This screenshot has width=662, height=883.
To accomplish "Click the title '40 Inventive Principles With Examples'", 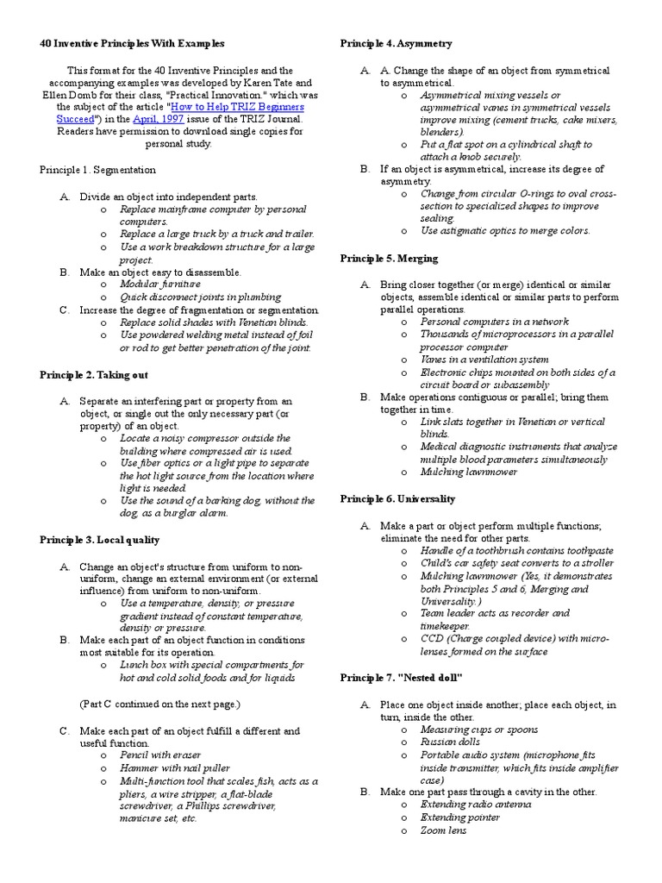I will pyautogui.click(x=132, y=43).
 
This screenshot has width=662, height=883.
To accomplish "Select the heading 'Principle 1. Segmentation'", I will pyautogui.click(x=97, y=171).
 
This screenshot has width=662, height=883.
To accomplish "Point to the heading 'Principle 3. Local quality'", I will pyautogui.click(x=99, y=540).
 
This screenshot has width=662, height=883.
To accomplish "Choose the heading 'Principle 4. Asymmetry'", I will pyautogui.click(x=396, y=43).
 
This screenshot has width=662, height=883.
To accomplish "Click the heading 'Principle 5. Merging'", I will pyautogui.click(x=389, y=259).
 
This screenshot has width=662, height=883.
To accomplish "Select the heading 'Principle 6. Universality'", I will pyautogui.click(x=397, y=499).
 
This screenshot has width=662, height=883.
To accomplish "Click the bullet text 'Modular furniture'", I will pyautogui.click(x=160, y=284).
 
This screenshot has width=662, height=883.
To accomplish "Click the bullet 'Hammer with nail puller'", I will pyautogui.click(x=175, y=768).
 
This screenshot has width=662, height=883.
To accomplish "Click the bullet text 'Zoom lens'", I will pyautogui.click(x=443, y=830).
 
